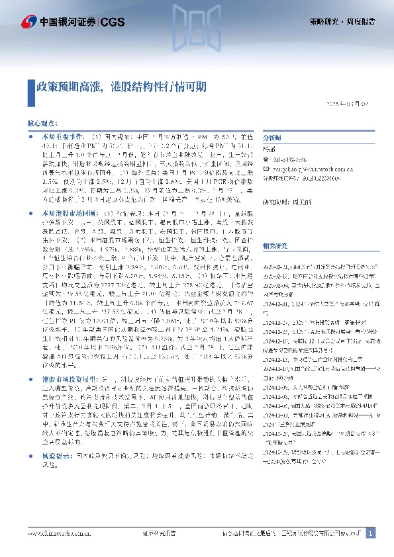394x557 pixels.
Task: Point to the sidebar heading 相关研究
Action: [x=275, y=245]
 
